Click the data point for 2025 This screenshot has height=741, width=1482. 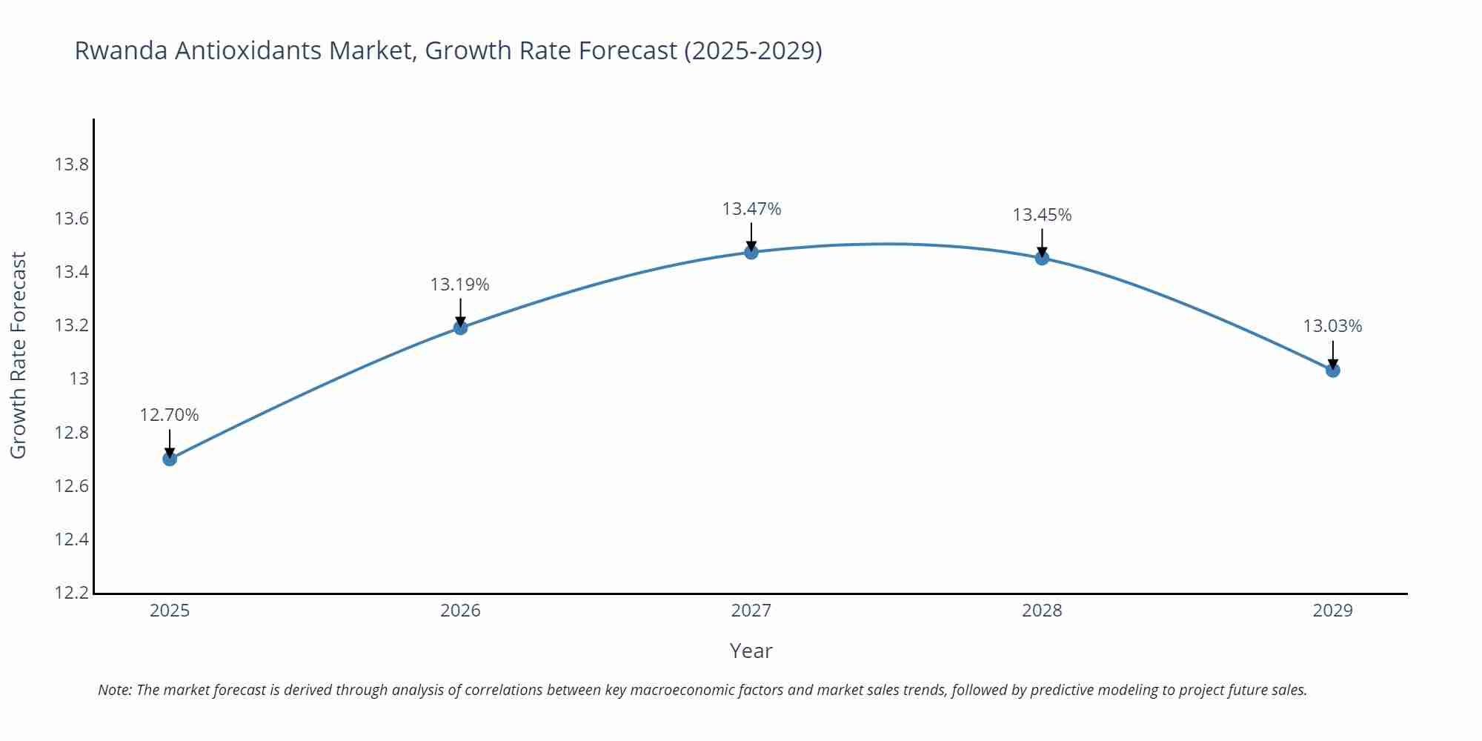170,459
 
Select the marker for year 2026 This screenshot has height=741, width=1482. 460,328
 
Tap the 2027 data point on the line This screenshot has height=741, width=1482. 751,252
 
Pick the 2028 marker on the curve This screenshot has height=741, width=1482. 1042,258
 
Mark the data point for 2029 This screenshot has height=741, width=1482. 1332,370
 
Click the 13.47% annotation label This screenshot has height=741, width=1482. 751,209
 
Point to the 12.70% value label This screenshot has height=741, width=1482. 170,415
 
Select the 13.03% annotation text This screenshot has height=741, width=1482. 1332,326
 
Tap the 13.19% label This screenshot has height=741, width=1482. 460,285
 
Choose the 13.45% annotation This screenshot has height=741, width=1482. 1042,215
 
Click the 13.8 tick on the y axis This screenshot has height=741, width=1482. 71,165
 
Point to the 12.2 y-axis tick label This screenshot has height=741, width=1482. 71,593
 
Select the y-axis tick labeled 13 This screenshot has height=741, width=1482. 79,379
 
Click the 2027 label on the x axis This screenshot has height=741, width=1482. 751,611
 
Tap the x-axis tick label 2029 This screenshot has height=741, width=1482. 1332,611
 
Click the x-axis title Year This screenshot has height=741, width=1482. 751,651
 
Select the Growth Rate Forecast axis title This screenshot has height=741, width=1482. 19,355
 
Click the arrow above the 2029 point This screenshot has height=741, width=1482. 1332,354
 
